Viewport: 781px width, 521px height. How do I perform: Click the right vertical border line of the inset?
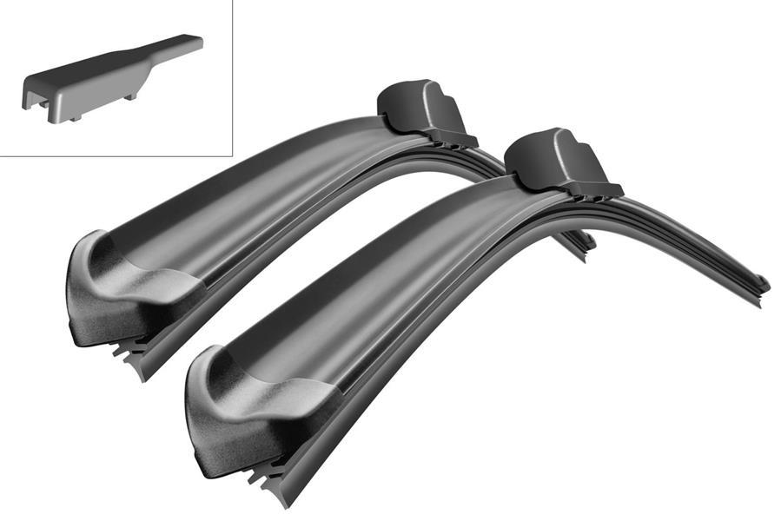pos(235,78)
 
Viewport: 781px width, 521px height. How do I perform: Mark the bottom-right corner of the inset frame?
pos(235,156)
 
